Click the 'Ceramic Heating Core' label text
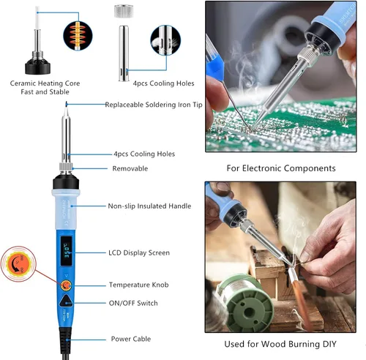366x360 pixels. pyautogui.click(x=45, y=83)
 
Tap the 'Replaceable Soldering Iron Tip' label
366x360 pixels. pyautogui.click(x=154, y=105)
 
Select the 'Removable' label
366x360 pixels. pyautogui.click(x=130, y=168)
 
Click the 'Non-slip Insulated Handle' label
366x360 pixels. pyautogui.click(x=149, y=206)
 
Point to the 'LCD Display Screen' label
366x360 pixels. pyautogui.click(x=139, y=252)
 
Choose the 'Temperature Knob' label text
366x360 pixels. pyautogui.click(x=138, y=285)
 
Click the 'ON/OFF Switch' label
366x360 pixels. pyautogui.click(x=133, y=303)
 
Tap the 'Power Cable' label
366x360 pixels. pyautogui.click(x=131, y=339)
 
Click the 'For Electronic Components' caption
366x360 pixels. pyautogui.click(x=281, y=168)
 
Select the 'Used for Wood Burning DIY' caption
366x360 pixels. pyautogui.click(x=280, y=344)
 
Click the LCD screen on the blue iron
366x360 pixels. pyautogui.click(x=67, y=251)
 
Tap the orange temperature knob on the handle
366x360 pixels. pyautogui.click(x=66, y=285)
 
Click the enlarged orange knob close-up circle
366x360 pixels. pyautogui.click(x=18, y=264)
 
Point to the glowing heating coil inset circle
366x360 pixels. pyautogui.click(x=78, y=36)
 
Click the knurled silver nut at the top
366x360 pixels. pyautogui.click(x=124, y=11)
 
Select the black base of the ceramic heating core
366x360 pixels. pyautogui.click(x=37, y=66)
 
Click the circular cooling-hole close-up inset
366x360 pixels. pyautogui.click(x=165, y=40)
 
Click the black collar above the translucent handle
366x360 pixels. pyautogui.click(x=66, y=182)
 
